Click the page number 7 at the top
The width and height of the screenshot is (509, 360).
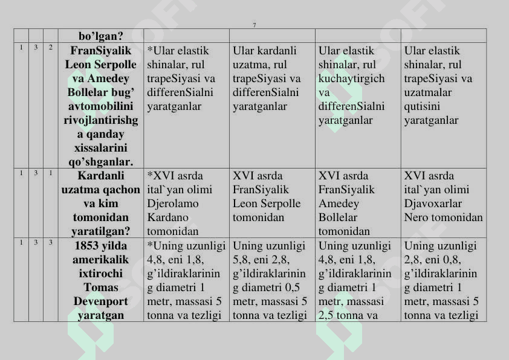click(254, 25)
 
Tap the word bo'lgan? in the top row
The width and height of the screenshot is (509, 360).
click(101, 36)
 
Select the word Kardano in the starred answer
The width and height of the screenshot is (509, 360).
click(167, 217)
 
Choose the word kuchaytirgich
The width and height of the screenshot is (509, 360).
click(351, 79)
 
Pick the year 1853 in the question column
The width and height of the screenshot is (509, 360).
click(86, 246)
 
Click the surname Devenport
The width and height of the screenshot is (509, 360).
click(101, 301)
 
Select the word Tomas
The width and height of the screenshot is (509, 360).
click(101, 287)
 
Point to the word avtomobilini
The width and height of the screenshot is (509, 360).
click(101, 106)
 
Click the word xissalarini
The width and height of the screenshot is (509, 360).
click(101, 148)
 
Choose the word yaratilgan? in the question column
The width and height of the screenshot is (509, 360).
click(101, 231)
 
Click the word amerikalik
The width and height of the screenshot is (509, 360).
click(101, 259)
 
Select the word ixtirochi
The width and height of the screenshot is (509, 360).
click(101, 273)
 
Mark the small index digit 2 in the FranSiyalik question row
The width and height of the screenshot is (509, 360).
click(51, 47)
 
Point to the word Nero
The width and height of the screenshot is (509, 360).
click(416, 217)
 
